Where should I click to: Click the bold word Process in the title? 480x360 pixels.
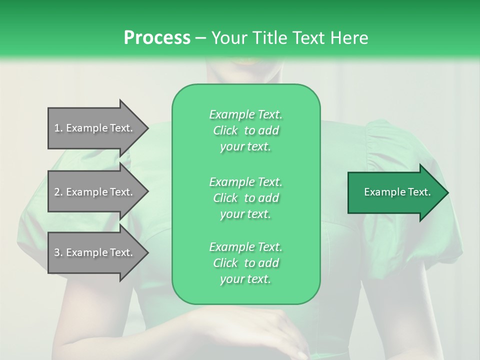coord(157,37)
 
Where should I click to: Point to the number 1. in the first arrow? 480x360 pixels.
coord(58,128)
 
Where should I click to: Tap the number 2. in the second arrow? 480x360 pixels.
coord(58,192)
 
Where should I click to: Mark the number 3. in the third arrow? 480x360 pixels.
coord(58,252)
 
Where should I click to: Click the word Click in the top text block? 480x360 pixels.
coord(225,130)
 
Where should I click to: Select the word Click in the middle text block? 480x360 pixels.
coord(225,198)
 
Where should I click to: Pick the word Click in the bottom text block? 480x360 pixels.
coord(225,263)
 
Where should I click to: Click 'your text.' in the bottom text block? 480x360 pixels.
coord(245,279)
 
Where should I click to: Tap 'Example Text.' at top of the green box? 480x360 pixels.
coord(245,114)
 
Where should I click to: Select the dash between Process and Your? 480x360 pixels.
coord(200,37)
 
